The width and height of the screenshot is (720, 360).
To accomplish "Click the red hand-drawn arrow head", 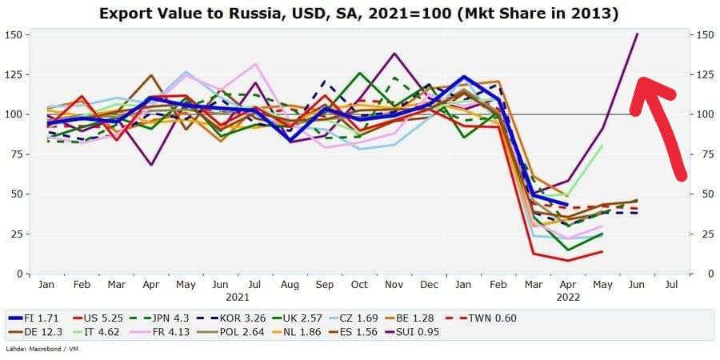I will tap(646, 88).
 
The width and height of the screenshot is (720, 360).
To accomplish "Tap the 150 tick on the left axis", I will tap(14, 34).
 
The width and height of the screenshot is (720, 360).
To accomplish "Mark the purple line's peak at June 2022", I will tap(638, 34).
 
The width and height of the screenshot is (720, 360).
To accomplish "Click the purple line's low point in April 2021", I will tap(150, 165).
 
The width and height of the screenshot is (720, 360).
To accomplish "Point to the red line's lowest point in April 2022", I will tap(568, 260).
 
